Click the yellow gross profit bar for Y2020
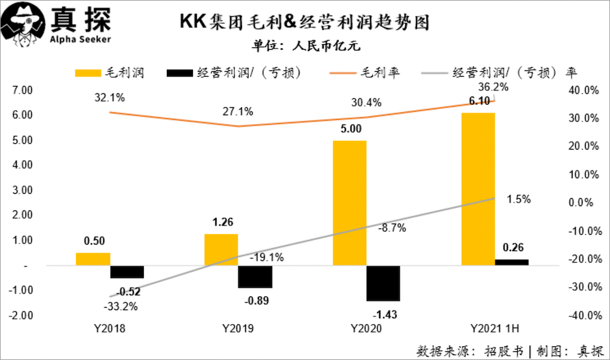pyautogui.click(x=349, y=203)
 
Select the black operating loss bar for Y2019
pyautogui.click(x=255, y=277)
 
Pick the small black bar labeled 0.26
pyautogui.click(x=512, y=262)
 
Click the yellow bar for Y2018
pyautogui.click(x=93, y=259)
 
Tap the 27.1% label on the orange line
pyautogui.click(x=238, y=111)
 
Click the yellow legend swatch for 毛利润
pyautogui.click(x=89, y=73)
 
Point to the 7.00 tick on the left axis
pyautogui.click(x=22, y=90)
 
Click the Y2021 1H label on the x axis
pyautogui.click(x=494, y=329)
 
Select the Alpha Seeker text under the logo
pyautogui.click(x=80, y=39)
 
